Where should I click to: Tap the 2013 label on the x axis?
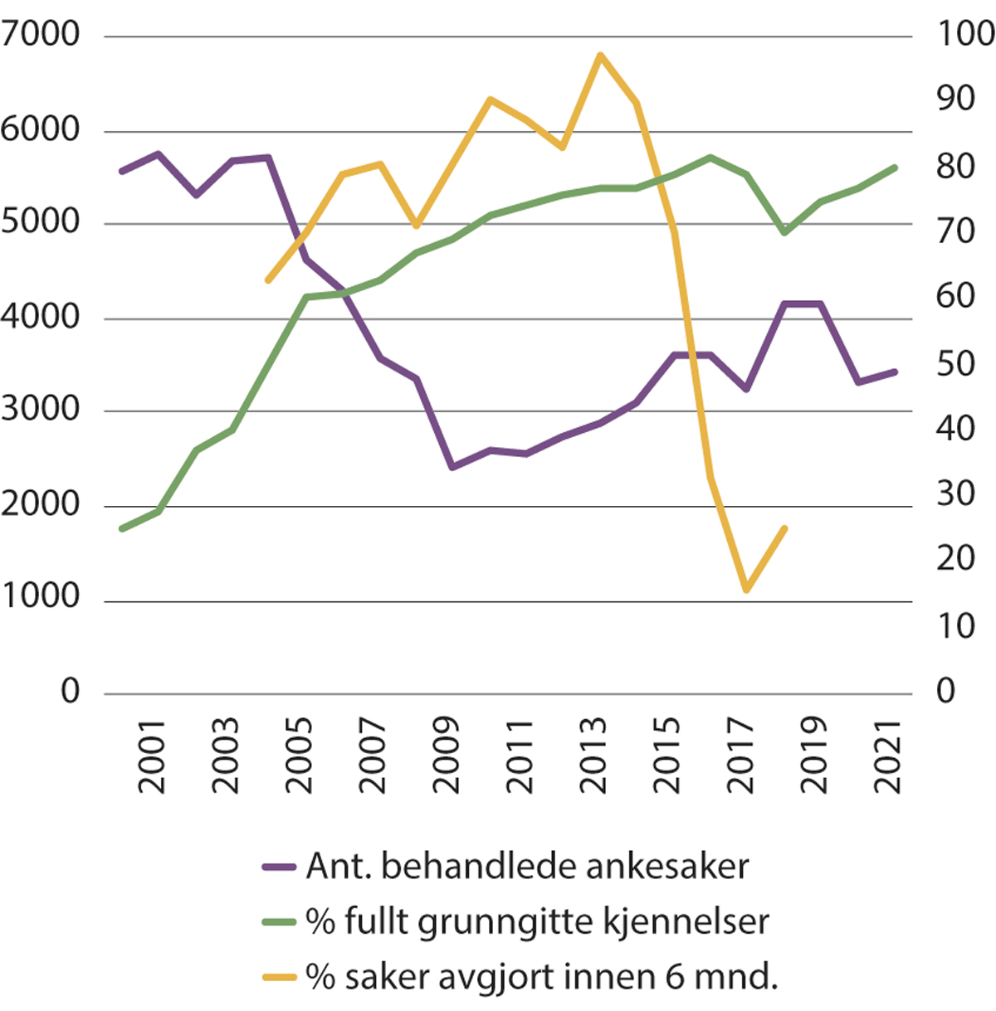tap(592, 755)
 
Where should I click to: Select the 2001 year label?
tap(152, 755)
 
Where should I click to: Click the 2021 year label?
tap(889, 755)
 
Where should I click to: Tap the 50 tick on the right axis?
tap(955, 364)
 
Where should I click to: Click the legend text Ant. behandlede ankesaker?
tap(527, 867)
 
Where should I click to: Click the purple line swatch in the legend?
tap(279, 868)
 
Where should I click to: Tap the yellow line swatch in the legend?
tap(279, 977)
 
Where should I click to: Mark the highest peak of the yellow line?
tap(599, 55)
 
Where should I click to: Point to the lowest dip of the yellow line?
tap(746, 591)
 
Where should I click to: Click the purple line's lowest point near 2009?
tap(452, 468)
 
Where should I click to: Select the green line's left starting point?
tap(122, 528)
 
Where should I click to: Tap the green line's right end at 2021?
tap(896, 167)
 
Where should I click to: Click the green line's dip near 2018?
tap(784, 233)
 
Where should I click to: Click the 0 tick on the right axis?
tap(946, 692)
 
